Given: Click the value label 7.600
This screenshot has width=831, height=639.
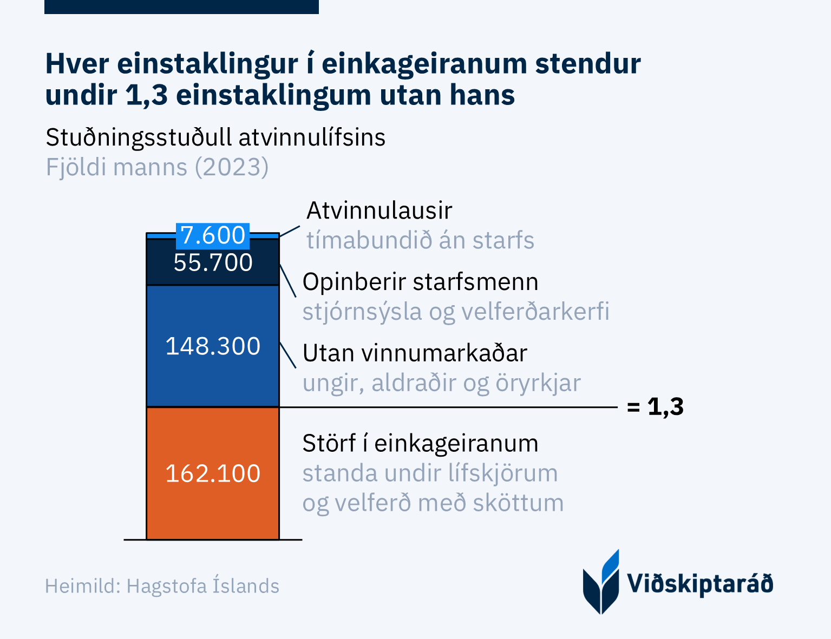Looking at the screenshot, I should [x=213, y=235].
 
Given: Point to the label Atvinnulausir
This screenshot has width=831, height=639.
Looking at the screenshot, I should [x=379, y=210].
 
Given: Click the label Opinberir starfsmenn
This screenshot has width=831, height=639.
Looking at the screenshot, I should [x=420, y=282].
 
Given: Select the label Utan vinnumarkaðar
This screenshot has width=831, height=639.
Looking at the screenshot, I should [x=415, y=353].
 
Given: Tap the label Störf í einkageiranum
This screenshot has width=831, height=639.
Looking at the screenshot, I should [x=420, y=443].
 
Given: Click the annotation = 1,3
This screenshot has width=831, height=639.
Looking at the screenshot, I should [x=655, y=406].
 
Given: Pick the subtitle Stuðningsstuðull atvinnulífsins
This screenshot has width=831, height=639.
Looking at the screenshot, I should [x=215, y=137].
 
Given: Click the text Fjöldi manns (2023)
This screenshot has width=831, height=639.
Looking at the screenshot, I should [x=157, y=167].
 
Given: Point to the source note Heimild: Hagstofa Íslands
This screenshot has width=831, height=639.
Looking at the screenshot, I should [x=162, y=586].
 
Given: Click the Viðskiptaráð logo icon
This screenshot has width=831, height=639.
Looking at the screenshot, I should [x=601, y=583].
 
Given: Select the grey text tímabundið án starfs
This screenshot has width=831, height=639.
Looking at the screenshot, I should [x=420, y=240].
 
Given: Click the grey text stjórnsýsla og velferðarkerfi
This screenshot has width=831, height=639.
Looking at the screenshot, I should [x=456, y=312].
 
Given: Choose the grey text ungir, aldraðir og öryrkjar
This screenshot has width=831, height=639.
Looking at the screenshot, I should [x=441, y=383].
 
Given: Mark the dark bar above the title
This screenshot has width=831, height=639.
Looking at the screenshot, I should [x=181, y=6].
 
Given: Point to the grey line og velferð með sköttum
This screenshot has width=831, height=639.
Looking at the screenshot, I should [x=433, y=503].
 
